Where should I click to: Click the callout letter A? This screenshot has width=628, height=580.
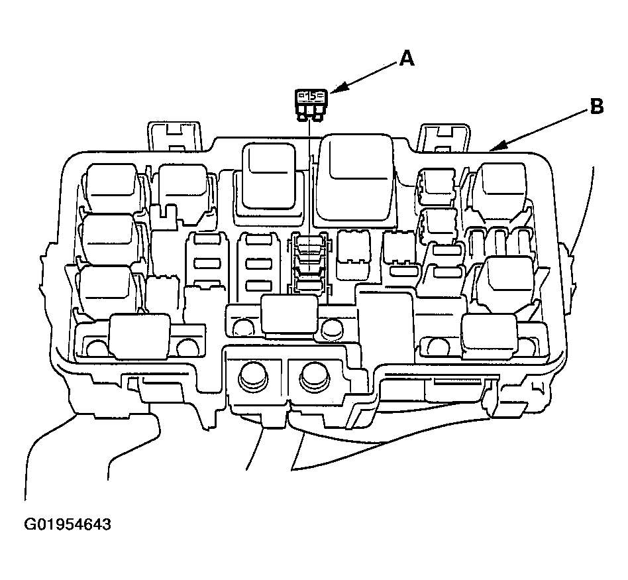(407, 58)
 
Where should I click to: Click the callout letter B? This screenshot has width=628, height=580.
(596, 107)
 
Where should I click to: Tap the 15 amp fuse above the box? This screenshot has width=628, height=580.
(311, 105)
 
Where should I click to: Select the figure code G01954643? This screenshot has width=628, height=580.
(68, 524)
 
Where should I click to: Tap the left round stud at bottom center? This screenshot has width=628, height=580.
(253, 377)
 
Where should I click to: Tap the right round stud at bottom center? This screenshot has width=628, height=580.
(315, 377)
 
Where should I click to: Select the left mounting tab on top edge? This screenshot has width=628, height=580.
(175, 136)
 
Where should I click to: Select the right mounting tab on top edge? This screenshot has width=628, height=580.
(444, 138)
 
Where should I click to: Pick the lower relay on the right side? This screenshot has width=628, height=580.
(506, 282)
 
